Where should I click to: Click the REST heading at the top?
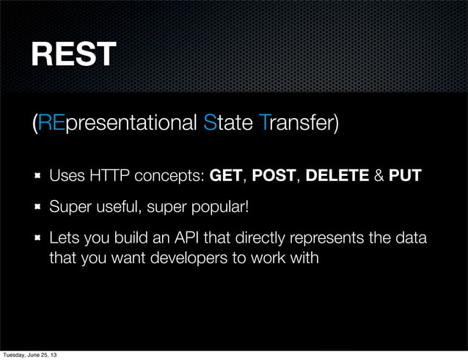coord(73,54)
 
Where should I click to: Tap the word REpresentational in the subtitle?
coord(117,123)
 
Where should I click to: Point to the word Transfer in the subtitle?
coord(299,123)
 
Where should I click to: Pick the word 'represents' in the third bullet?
coord(325,240)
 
